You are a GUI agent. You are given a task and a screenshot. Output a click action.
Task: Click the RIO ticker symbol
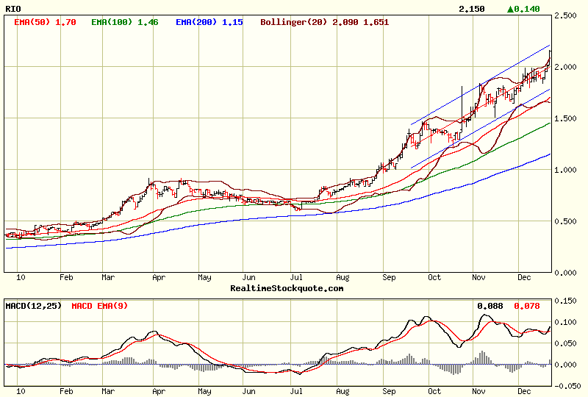point(12,8)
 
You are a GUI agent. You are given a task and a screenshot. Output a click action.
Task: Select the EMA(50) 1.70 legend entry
point(45,22)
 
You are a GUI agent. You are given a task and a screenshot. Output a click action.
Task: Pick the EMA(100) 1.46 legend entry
point(124,22)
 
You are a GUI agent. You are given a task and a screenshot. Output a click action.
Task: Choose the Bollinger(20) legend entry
point(325,22)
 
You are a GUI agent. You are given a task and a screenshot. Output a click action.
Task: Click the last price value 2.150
point(471,9)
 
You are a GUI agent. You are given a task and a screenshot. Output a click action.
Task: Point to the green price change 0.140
point(524,9)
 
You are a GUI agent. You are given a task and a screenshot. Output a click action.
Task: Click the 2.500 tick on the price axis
point(567,15)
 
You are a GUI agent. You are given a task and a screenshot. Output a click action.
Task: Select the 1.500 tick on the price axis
point(567,118)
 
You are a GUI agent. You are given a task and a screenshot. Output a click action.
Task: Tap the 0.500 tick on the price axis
point(567,221)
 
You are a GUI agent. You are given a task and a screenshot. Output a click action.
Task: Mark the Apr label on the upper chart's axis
point(158,278)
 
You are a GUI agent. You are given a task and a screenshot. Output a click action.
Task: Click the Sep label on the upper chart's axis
point(390,278)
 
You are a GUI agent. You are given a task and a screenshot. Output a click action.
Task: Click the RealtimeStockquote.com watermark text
point(287,288)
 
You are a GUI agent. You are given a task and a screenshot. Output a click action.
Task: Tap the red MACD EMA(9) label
point(98,304)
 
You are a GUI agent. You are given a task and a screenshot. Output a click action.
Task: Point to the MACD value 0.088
point(490,304)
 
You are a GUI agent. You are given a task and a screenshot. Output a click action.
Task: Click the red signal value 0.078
point(526,304)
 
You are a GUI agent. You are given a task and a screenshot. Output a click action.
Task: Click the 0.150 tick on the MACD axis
point(567,301)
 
